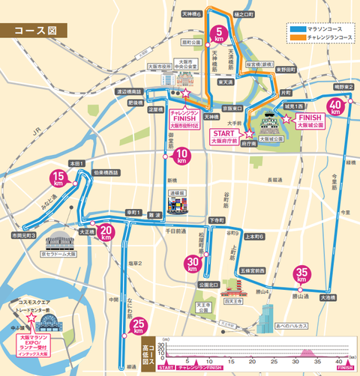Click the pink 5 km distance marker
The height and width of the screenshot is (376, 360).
click(220, 33)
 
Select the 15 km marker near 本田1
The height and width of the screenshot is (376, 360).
click(57, 178)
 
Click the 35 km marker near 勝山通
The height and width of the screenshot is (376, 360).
click(302, 274)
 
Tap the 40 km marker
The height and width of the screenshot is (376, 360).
click(336, 106)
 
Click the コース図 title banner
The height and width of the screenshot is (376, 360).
click(34, 32)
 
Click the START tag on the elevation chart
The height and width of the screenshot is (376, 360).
click(166, 368)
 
